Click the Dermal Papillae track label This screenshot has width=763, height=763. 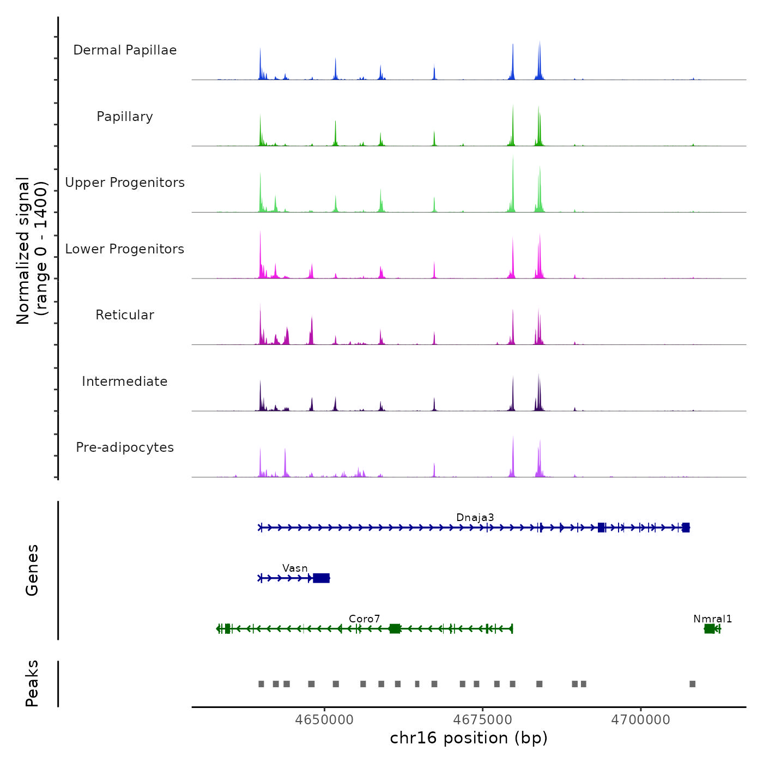pos(125,50)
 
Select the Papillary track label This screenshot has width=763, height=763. pos(125,117)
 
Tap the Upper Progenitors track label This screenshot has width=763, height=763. pos(125,183)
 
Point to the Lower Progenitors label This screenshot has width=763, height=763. pos(125,249)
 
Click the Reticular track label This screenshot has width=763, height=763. pos(125,315)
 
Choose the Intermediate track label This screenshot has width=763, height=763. pos(125,381)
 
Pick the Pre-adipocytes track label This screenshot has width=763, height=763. pos(125,447)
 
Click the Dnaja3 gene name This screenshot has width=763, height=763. pos(475,517)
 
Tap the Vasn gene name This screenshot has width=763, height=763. pos(295,568)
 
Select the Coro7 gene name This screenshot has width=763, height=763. pos(364,619)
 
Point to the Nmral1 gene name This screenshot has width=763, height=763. pos(712,619)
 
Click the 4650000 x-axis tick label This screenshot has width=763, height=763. pos(324,719)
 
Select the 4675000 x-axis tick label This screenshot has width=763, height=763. pos(482,719)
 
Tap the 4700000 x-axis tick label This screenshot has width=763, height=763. pos(640,719)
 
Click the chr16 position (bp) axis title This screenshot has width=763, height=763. pos(469,738)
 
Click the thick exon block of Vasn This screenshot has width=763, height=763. pos(322,578)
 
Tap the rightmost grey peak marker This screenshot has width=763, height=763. pos(692,684)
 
